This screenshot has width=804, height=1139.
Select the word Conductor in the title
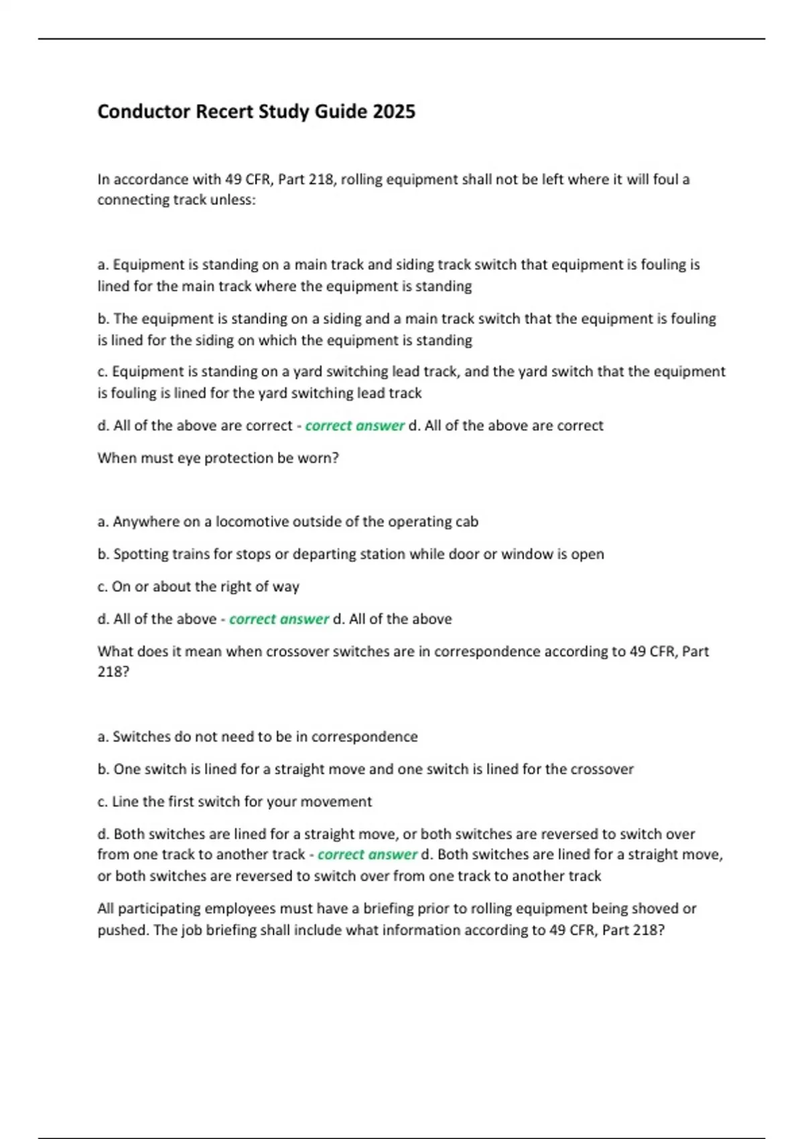pos(144,111)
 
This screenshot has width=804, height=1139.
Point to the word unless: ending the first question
pos(233,200)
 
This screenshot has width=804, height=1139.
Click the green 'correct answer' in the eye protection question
pos(279,619)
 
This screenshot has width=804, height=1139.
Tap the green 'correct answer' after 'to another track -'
pos(367,855)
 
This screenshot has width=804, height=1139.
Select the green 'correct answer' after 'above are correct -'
pos(354,426)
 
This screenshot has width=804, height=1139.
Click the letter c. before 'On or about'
pos(103,587)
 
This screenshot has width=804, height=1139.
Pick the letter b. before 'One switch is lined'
pos(103,769)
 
